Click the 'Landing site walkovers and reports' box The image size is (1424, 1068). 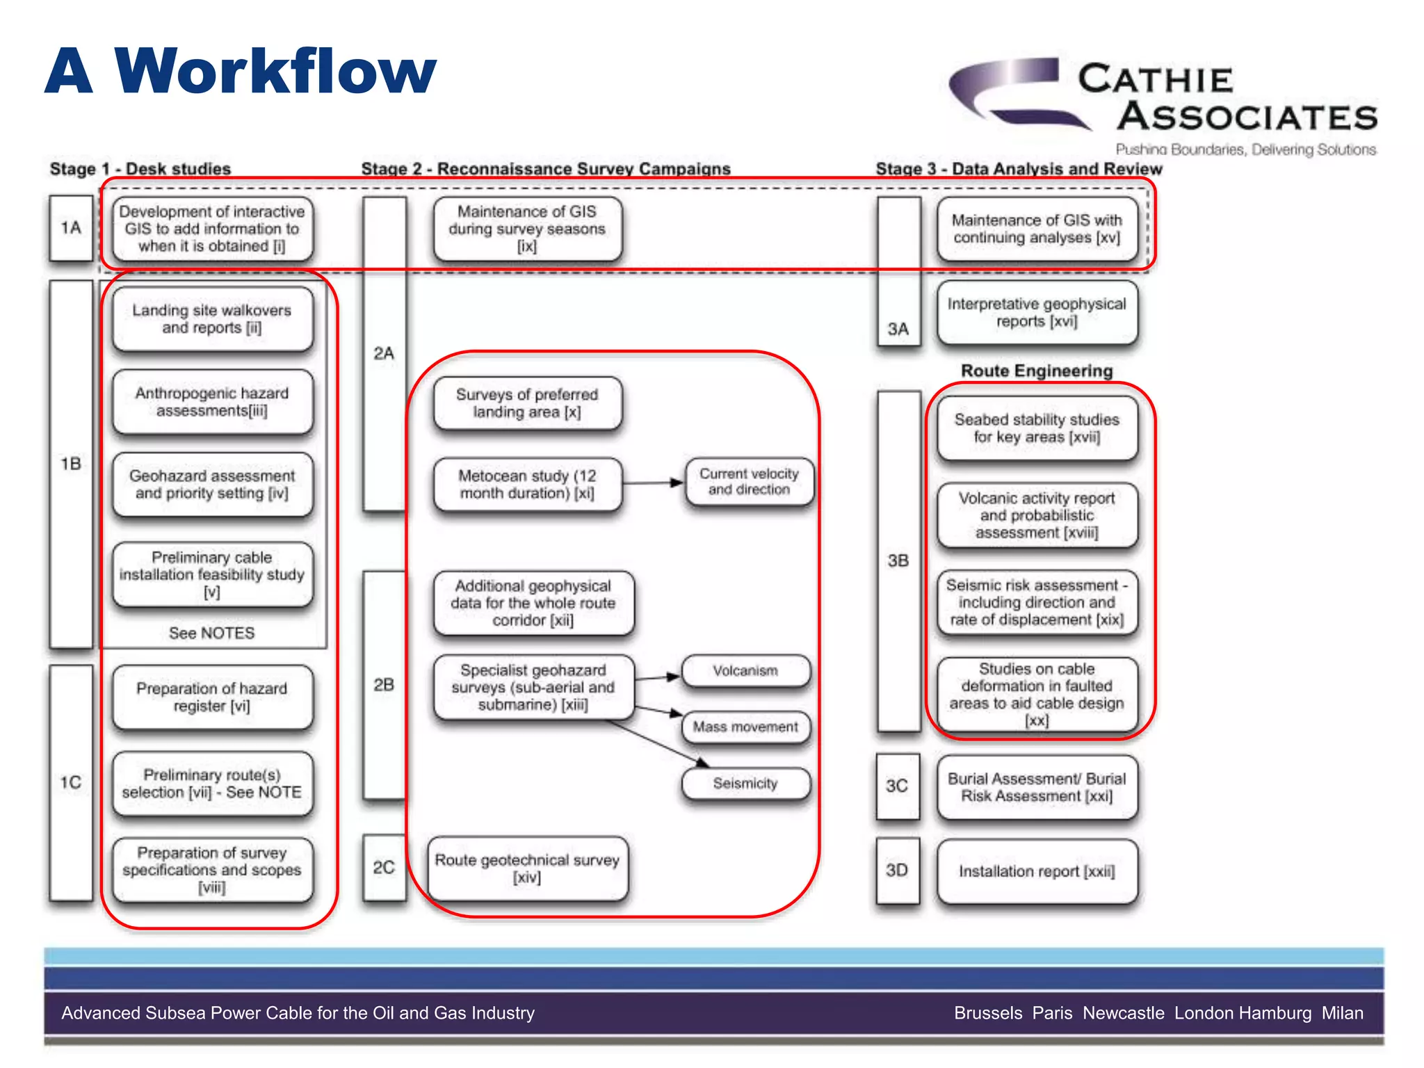(x=212, y=319)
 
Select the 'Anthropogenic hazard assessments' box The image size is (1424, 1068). (x=212, y=402)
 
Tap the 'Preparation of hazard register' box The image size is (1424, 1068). (x=212, y=697)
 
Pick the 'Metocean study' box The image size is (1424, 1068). (x=527, y=485)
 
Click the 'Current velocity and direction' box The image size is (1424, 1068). (x=749, y=481)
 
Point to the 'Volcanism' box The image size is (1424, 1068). (x=745, y=671)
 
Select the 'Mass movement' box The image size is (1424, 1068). (x=745, y=727)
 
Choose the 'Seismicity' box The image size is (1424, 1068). (x=745, y=784)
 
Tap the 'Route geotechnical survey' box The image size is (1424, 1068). (x=527, y=868)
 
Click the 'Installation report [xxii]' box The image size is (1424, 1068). (x=1037, y=871)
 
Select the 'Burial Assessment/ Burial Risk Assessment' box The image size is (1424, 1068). (x=1037, y=787)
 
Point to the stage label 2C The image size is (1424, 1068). (x=384, y=868)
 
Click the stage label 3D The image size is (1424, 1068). (x=897, y=871)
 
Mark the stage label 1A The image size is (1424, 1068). (x=71, y=228)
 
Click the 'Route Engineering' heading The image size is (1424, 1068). (x=1037, y=371)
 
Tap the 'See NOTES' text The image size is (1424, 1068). (x=212, y=633)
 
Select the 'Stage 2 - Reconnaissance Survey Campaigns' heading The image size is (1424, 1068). (x=546, y=169)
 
